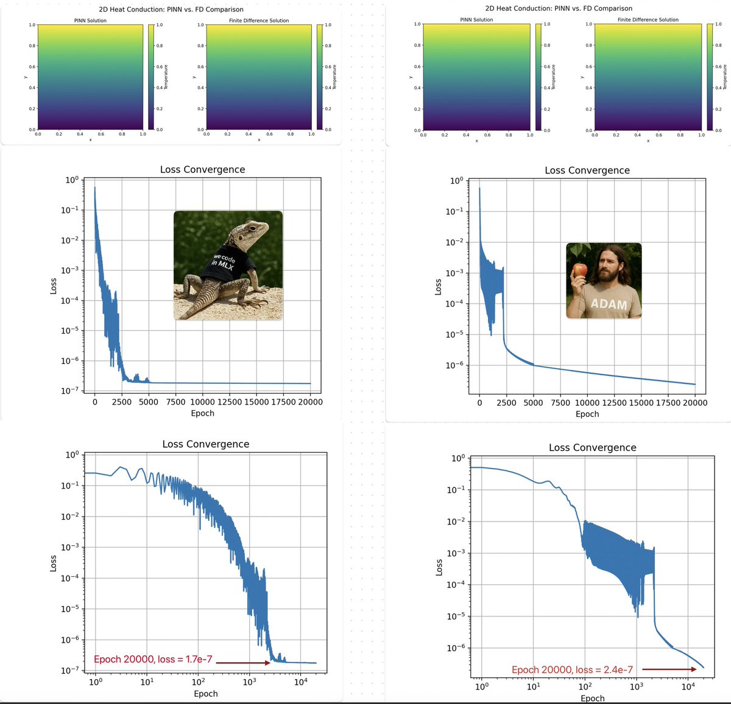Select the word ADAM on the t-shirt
[x=609, y=304]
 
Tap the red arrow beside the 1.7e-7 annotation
[x=243, y=663]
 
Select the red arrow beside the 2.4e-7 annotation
[x=669, y=669]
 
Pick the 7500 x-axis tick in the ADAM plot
[x=560, y=402]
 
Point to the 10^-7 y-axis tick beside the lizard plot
[x=72, y=391]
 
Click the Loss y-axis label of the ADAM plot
[x=437, y=287]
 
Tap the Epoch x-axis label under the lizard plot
[x=202, y=413]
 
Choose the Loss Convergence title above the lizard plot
[x=202, y=170]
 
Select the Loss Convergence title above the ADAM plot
[x=587, y=170]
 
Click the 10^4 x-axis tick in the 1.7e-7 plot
[x=301, y=682]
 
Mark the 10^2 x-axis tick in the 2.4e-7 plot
[x=585, y=687]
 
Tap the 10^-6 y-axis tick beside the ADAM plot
[x=457, y=365]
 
